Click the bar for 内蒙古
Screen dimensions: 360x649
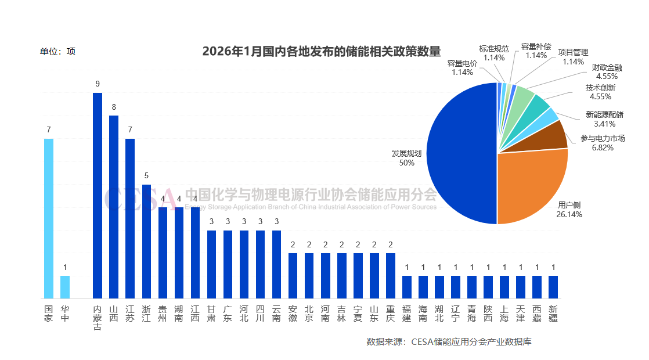coord(98,196)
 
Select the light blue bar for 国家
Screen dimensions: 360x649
coord(49,218)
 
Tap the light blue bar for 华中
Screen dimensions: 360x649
coord(65,287)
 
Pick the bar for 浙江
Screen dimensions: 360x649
coord(146,242)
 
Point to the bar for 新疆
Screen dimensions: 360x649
coord(553,287)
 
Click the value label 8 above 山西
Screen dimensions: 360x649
coord(114,107)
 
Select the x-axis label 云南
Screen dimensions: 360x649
coord(276,314)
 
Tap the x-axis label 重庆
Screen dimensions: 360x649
coord(390,314)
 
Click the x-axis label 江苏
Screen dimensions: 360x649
coord(130,314)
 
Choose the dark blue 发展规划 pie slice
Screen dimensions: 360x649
coord(461,154)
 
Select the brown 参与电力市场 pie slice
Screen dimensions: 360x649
coord(556,135)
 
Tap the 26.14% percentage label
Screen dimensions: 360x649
coord(569,214)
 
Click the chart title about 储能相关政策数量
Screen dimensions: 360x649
coord(321,51)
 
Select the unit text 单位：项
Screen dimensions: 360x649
coord(57,51)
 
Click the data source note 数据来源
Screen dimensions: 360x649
coord(449,341)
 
